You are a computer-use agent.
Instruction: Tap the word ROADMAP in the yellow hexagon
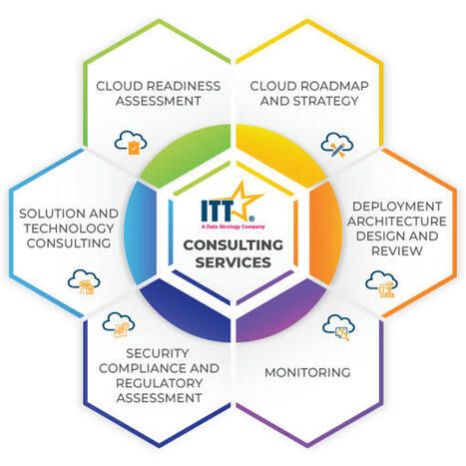coord(334,86)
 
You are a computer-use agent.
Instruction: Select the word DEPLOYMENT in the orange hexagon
coord(397,207)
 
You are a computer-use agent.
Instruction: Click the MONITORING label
coord(307,372)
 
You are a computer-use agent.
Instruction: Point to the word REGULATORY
coord(159,383)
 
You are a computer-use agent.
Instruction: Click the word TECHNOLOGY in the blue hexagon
coord(69,229)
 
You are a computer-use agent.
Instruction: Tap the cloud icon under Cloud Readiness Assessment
coord(131,143)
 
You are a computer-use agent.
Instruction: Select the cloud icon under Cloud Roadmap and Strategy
coord(337,145)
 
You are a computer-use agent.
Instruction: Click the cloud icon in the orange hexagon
coord(381,284)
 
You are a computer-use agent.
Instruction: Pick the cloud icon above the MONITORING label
coord(338,328)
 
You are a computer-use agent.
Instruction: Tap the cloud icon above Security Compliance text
coord(119,325)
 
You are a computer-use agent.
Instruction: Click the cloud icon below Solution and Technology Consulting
coord(84,282)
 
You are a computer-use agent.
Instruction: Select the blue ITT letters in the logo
coord(217,211)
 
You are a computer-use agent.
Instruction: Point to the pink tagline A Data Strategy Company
coord(233,227)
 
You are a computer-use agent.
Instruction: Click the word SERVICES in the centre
coord(233,262)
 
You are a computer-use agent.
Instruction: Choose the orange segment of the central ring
coord(325,233)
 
